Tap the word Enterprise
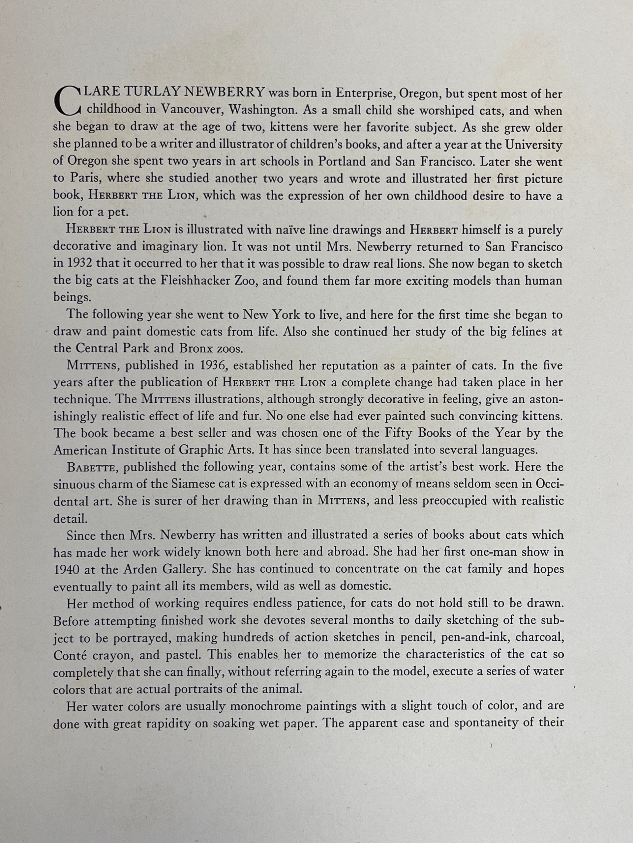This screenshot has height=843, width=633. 362,94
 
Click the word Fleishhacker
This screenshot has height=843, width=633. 189,281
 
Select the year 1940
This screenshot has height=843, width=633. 67,569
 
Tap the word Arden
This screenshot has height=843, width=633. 140,569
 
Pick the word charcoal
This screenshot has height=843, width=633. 538,638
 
